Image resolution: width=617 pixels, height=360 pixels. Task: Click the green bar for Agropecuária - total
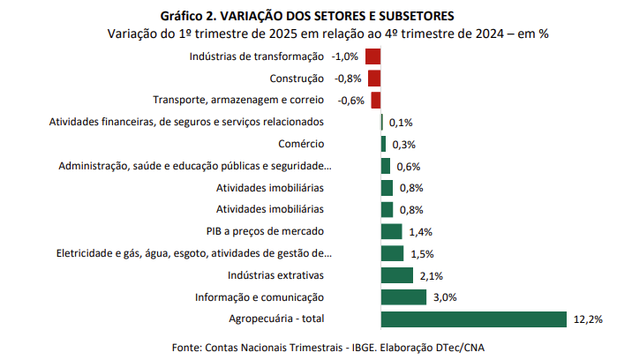tap(473, 319)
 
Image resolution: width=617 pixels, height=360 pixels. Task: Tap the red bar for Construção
tap(374, 79)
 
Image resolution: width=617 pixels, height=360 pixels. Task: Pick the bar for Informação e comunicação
tap(403, 297)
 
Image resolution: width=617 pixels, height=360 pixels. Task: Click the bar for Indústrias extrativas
tap(396, 275)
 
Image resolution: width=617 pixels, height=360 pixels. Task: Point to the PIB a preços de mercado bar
tap(392, 231)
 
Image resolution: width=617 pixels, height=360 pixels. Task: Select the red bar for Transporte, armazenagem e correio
tap(376, 100)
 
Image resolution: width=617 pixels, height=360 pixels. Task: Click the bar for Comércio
tap(384, 144)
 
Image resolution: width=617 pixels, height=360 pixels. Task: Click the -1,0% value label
tap(345, 56)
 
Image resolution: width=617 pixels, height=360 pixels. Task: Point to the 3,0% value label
tap(445, 297)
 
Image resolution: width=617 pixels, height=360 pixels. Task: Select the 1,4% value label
tap(420, 231)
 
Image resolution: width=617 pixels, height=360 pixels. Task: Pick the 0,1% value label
tap(401, 122)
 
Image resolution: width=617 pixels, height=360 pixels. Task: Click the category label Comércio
tap(301, 144)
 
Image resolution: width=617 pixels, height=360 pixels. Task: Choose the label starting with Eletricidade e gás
tap(194, 253)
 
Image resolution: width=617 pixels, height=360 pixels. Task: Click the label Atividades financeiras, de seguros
tap(187, 122)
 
